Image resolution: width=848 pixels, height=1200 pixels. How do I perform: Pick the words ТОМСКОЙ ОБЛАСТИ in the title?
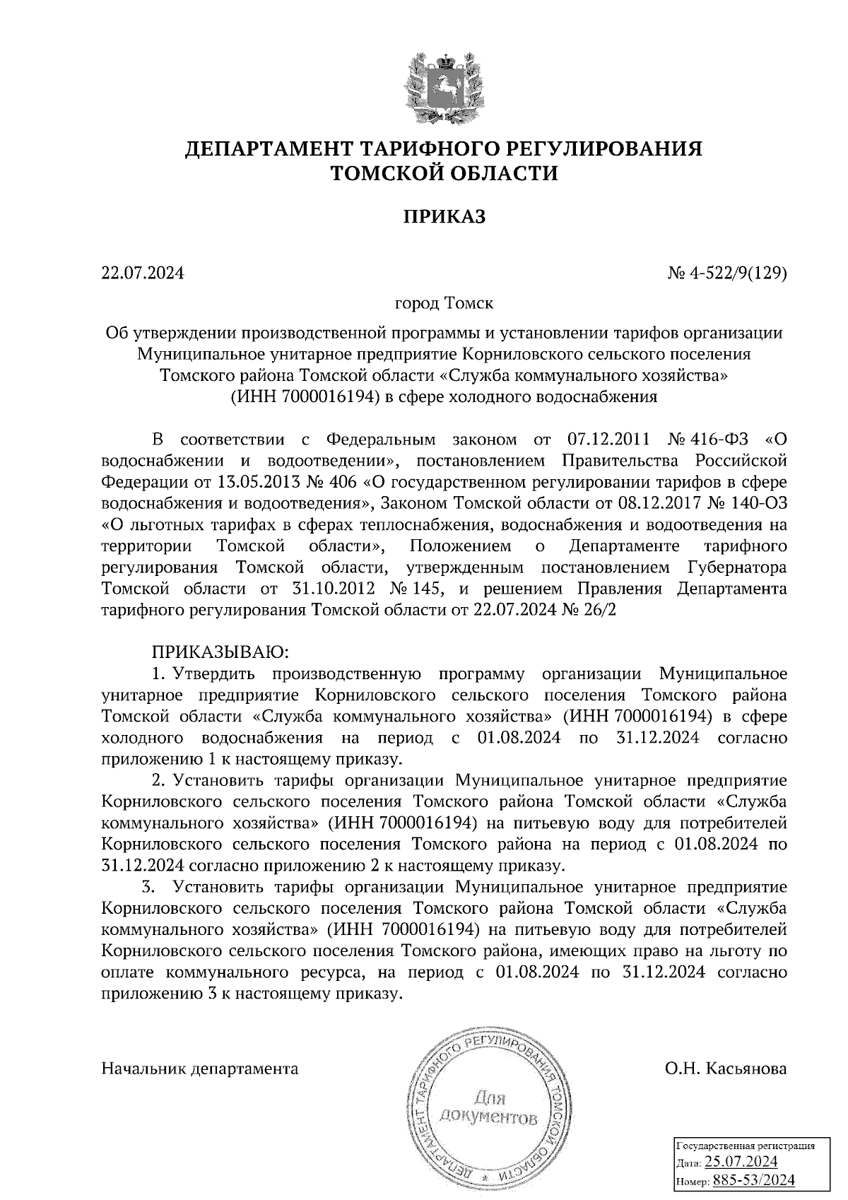point(444,173)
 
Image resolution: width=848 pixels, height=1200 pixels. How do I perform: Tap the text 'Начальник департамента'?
point(200,1068)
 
